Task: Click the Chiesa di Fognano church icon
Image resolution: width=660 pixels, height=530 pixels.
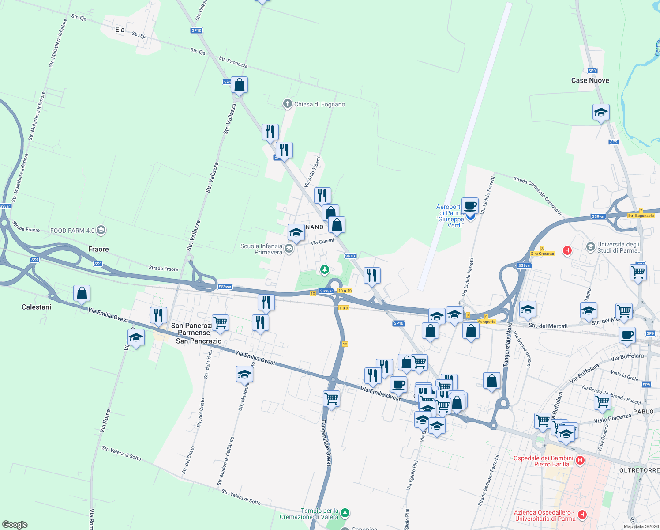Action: point(287,104)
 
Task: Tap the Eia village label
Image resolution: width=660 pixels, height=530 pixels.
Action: point(120,30)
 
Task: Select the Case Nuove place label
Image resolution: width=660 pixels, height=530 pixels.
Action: point(590,80)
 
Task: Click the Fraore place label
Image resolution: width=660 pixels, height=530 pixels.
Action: point(98,249)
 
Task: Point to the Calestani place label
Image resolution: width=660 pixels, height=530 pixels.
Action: point(36,307)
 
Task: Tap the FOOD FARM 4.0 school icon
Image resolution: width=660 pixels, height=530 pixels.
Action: point(101,230)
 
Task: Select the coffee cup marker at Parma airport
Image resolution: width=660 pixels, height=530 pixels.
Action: point(471,206)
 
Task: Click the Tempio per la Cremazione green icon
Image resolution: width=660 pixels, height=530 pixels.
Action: point(345,513)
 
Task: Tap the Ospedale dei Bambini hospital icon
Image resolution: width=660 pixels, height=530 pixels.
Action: point(580,461)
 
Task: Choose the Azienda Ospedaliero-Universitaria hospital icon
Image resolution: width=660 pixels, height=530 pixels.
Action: point(582,515)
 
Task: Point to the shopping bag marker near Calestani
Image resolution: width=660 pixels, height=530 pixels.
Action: point(82,294)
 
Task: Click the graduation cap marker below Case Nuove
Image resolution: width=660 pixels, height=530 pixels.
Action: point(601,113)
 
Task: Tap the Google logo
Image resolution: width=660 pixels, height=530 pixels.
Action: point(15,525)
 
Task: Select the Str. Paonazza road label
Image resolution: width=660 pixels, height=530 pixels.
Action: point(233,62)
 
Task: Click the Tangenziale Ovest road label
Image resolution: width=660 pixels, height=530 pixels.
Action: point(326,442)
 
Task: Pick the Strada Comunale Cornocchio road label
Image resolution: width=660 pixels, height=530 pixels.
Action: point(538,197)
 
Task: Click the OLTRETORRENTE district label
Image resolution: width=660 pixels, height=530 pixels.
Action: point(639,471)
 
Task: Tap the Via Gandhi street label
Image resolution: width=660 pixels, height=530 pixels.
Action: point(322,242)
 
